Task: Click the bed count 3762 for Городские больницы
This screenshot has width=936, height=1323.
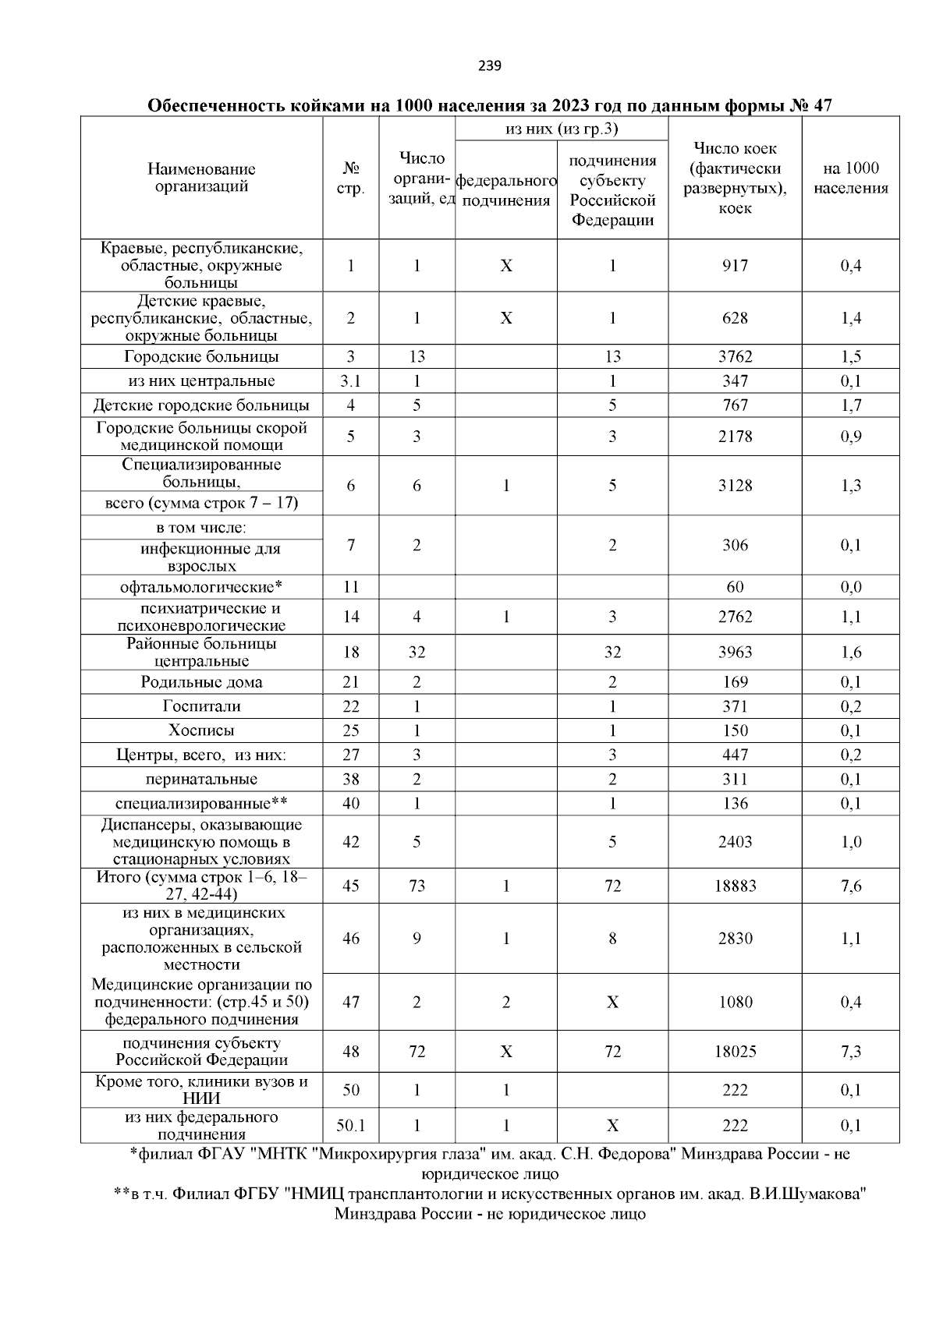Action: coord(735,357)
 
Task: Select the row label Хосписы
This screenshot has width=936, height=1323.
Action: coord(202,730)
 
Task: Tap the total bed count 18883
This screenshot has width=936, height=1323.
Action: coord(735,886)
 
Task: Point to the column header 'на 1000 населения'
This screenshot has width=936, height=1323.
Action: coord(850,179)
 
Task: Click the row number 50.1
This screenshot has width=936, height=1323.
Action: coord(351,1126)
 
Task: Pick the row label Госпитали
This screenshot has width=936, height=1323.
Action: coord(202,706)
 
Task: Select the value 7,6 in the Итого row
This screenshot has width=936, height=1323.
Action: coord(851,886)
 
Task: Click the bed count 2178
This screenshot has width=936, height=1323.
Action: coord(735,437)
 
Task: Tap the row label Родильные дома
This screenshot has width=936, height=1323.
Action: coord(202,682)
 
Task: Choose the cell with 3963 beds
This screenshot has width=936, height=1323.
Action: coord(735,653)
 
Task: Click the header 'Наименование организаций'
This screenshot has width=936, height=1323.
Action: coord(202,178)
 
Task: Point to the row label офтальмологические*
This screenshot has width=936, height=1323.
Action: coord(202,587)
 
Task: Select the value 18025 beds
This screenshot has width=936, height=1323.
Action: coord(735,1052)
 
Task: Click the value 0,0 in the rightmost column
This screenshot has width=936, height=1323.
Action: coord(851,587)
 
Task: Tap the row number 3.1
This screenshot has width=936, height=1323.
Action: coord(351,381)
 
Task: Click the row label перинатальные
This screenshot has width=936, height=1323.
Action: coord(202,779)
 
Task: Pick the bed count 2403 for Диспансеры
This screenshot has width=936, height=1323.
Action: coord(735,842)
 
